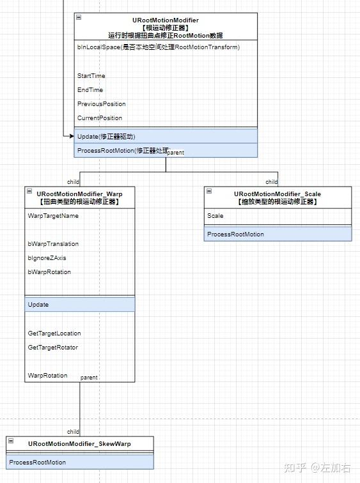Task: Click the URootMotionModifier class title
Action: coord(166,20)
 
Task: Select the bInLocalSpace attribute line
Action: coord(158,47)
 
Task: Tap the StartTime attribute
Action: coord(91,76)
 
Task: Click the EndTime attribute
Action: coord(90,90)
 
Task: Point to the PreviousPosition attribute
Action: coord(102,104)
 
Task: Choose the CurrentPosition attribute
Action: coord(100,118)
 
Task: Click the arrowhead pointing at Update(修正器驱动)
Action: coord(71,136)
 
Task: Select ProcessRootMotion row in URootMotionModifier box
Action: coord(121,151)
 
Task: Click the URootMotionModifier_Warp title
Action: coord(80,194)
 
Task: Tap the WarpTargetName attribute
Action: coord(53,216)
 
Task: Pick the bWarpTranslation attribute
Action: coord(53,244)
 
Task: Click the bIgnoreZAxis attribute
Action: coord(47,258)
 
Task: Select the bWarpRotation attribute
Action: coord(49,272)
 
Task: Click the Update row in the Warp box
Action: coord(38,305)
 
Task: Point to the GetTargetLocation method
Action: coord(54,333)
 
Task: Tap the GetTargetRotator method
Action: coord(53,348)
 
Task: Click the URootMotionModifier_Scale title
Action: coord(278,194)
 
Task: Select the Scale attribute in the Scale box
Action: coord(215,216)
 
